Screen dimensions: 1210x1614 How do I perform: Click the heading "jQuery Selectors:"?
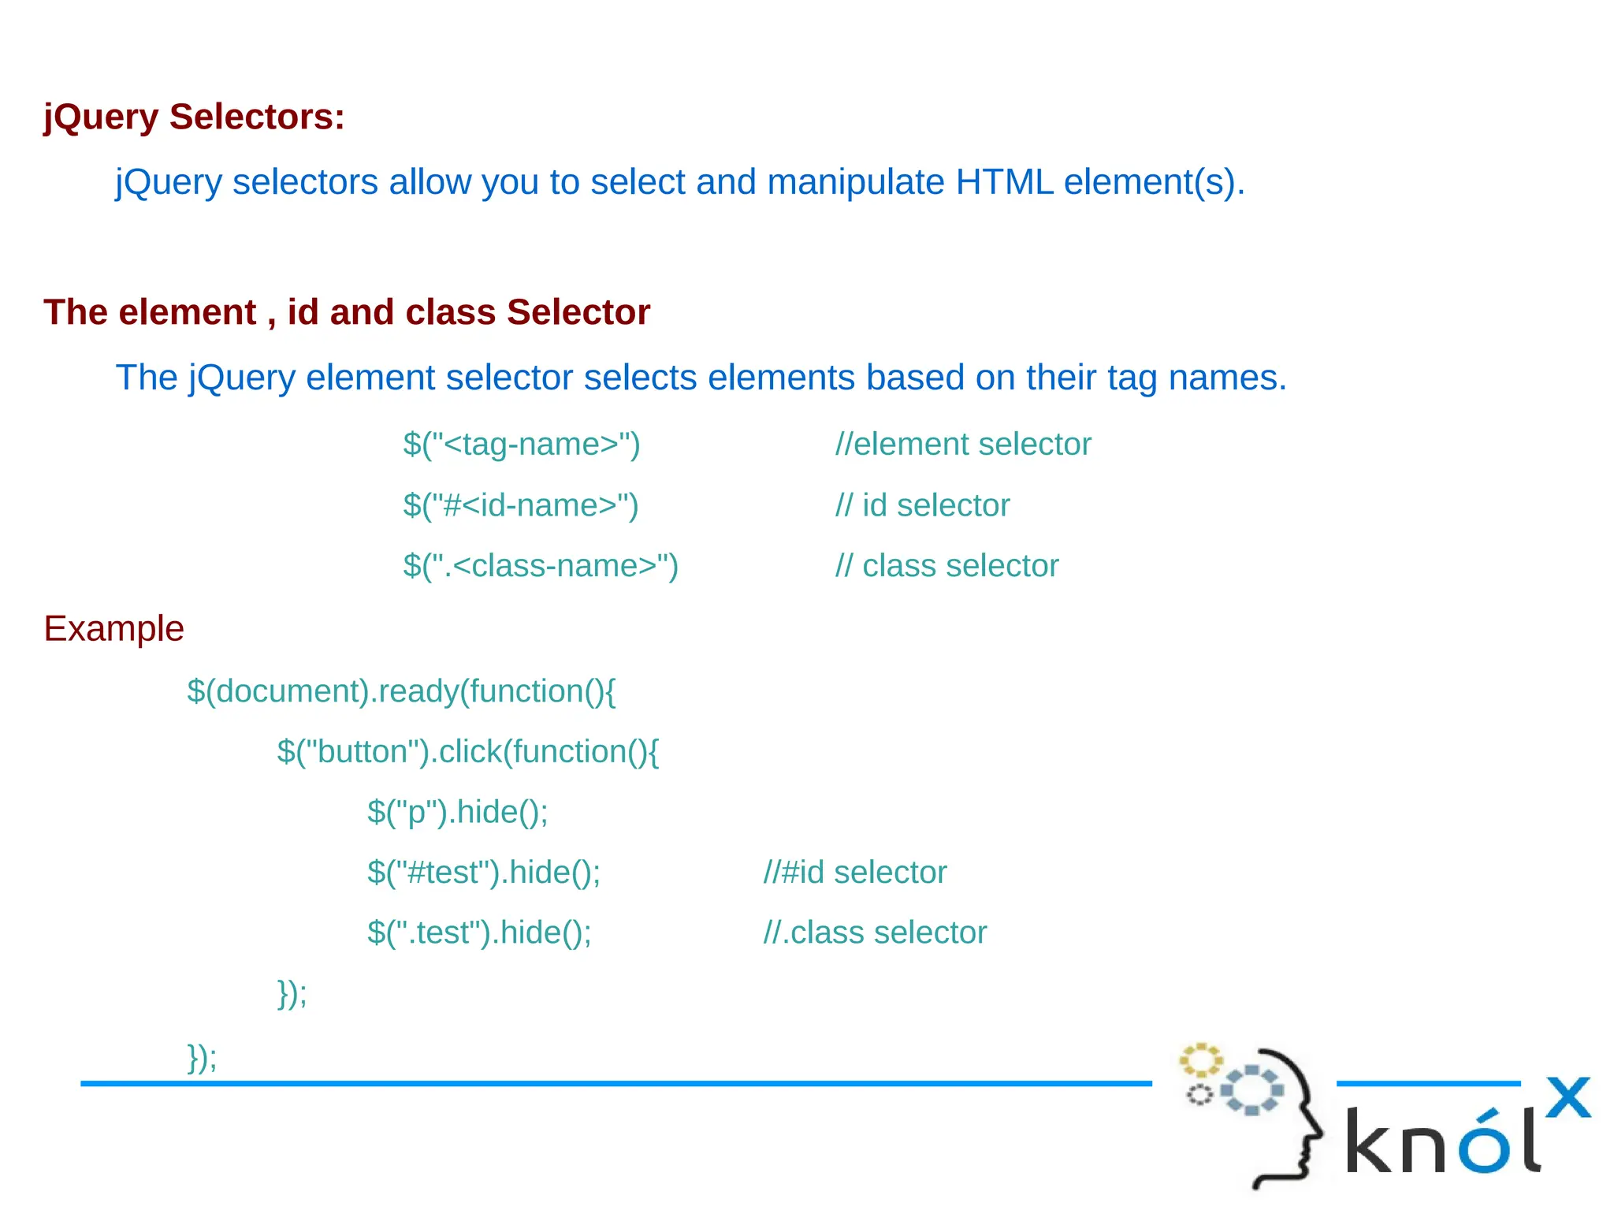coord(194,117)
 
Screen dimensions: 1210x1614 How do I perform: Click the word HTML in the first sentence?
coord(1004,182)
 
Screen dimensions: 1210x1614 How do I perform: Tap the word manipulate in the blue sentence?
coord(856,182)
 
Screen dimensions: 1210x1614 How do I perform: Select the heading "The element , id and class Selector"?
coord(347,312)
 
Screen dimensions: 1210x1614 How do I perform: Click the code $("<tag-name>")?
coord(521,445)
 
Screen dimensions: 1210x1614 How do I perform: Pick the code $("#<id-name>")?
coord(520,505)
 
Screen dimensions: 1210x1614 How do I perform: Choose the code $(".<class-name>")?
coord(540,566)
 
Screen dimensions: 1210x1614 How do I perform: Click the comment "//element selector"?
coord(963,445)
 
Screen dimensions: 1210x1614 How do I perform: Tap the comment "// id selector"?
coord(922,505)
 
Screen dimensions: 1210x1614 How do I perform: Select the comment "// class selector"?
coord(946,566)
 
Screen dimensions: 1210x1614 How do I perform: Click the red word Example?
coord(113,629)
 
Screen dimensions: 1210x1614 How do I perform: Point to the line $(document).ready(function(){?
coord(401,691)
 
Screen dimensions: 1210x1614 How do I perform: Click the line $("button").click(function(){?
coord(467,752)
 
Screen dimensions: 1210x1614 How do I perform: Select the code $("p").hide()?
coord(457,813)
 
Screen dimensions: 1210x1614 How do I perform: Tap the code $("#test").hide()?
coord(483,873)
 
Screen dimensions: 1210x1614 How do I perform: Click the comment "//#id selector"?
coord(854,873)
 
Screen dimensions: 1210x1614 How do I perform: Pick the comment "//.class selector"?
coord(875,933)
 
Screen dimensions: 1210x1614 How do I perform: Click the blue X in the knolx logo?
coord(1568,1097)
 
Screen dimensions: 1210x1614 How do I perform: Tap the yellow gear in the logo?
coord(1200,1060)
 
